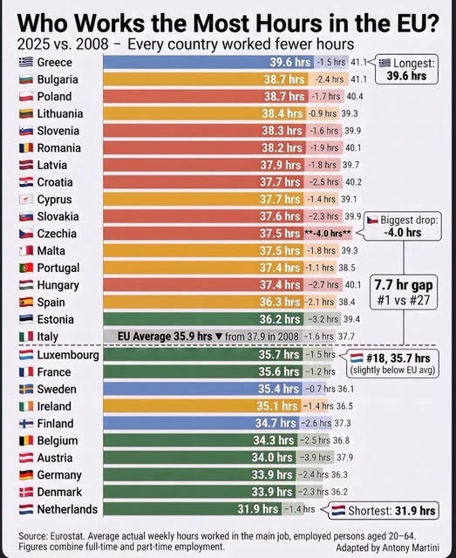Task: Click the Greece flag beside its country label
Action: click(x=26, y=62)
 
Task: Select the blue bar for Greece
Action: click(x=208, y=62)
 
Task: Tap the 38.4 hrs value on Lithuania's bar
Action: click(x=282, y=113)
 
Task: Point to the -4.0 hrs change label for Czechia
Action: click(x=328, y=234)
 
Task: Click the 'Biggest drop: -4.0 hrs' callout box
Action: click(x=404, y=227)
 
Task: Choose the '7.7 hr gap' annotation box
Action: click(x=404, y=292)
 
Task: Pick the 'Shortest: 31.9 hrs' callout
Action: click(x=383, y=511)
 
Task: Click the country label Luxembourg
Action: click(x=68, y=355)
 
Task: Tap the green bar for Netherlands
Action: click(x=192, y=509)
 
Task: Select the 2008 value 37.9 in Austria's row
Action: click(x=345, y=457)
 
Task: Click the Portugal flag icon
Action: click(x=26, y=268)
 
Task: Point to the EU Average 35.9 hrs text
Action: click(x=165, y=337)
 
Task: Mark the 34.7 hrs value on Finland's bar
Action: click(x=276, y=423)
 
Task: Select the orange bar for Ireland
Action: click(x=201, y=406)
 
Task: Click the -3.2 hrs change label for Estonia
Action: click(x=323, y=319)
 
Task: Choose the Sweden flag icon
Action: click(x=26, y=389)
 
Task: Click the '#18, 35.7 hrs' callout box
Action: click(x=393, y=364)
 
